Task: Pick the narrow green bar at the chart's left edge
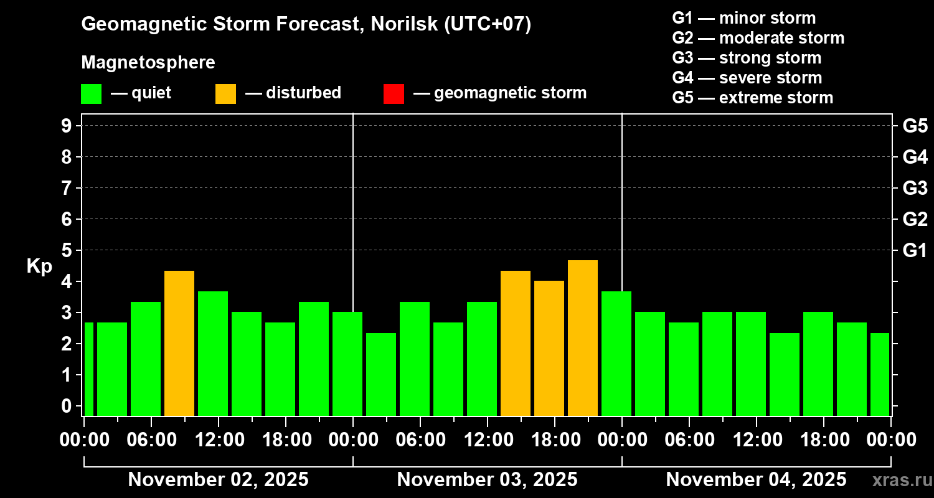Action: [88, 369]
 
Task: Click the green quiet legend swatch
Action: [92, 93]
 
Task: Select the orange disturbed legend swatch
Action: [225, 93]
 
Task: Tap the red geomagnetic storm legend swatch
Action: [394, 93]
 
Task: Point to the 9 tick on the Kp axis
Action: [67, 126]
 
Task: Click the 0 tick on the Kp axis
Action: [67, 406]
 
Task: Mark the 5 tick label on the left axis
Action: [67, 251]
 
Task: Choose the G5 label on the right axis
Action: [915, 126]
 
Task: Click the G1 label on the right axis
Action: [915, 251]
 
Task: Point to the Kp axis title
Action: [39, 266]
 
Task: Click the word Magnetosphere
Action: [148, 63]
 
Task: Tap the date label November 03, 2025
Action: [487, 480]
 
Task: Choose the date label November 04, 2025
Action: [756, 480]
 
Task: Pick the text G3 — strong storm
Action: [747, 58]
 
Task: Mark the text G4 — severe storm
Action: [747, 78]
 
